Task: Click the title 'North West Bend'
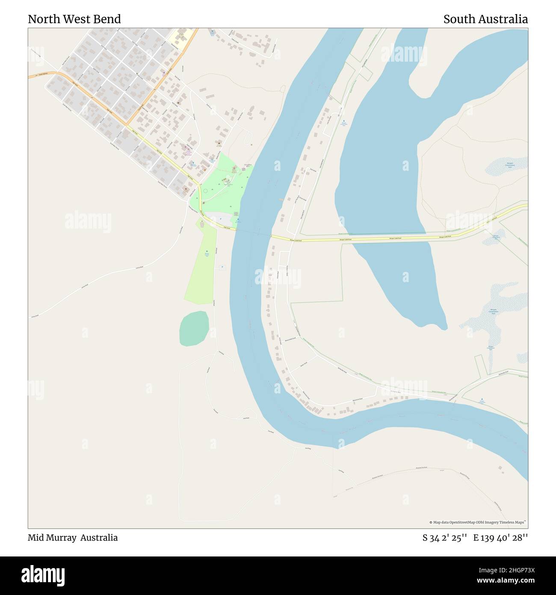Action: click(74, 19)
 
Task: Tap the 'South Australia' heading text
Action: click(485, 19)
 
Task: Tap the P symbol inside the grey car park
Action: click(221, 219)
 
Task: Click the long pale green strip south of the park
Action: click(199, 265)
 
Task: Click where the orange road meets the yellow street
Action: click(127, 125)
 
